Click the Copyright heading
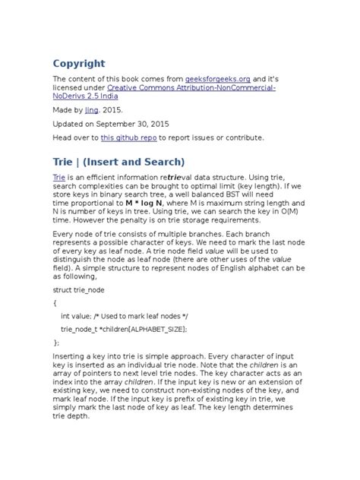pos(79,63)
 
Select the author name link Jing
pos(91,109)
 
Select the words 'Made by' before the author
pos(67,109)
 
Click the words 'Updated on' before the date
pos(74,123)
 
